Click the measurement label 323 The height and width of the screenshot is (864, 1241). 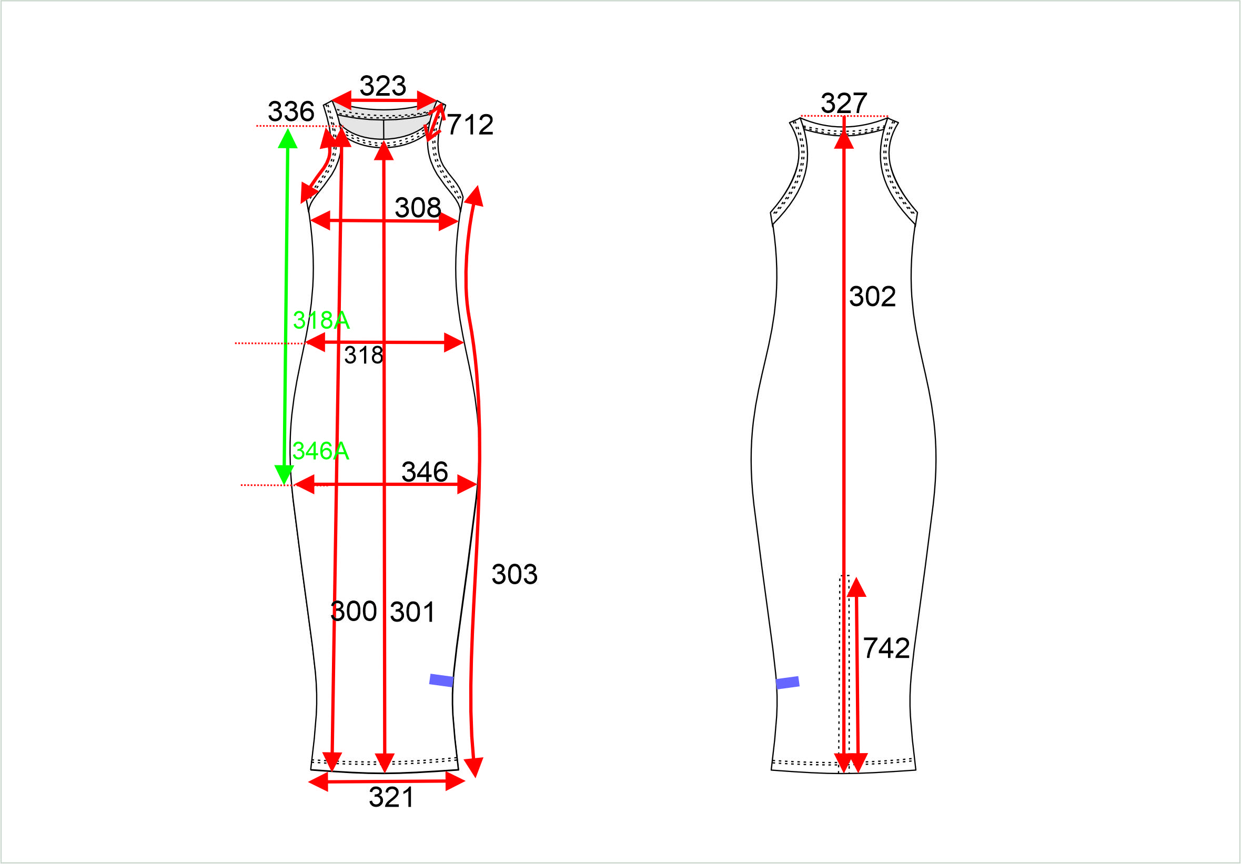382,86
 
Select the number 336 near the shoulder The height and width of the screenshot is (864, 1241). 291,112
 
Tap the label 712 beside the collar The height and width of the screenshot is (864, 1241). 470,125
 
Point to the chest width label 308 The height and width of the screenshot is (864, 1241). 418,208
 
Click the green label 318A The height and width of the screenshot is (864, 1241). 321,320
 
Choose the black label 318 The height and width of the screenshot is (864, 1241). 364,355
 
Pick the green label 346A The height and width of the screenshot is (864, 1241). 320,451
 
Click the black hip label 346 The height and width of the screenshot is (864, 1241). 425,472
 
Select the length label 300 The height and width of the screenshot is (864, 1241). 354,611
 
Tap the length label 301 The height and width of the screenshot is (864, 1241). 412,612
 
